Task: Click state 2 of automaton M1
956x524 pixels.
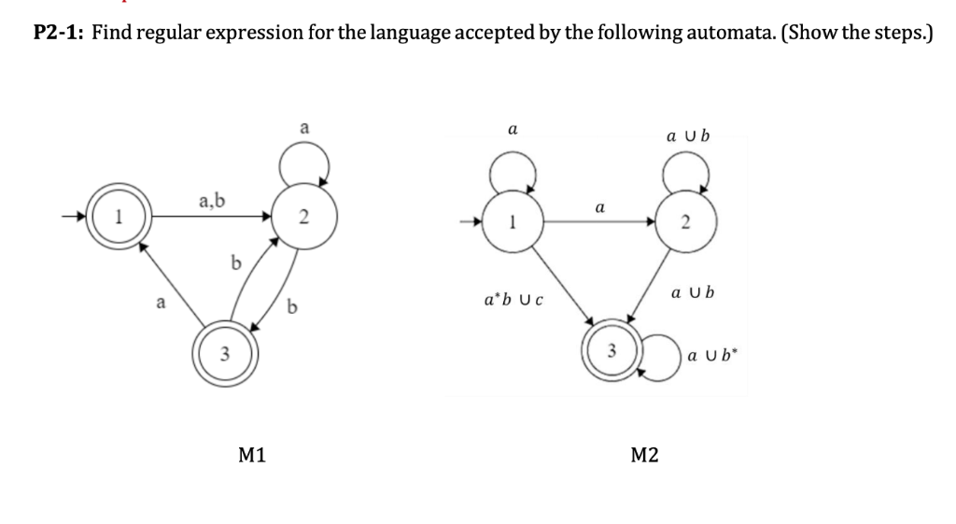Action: tap(302, 219)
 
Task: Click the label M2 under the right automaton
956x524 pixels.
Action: tap(644, 455)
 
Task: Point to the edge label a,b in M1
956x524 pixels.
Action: tap(210, 199)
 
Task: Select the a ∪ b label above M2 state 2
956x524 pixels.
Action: tap(688, 136)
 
